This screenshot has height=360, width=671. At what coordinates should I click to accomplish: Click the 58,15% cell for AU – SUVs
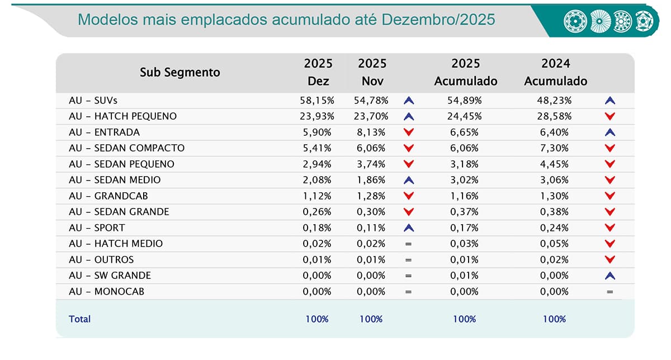pos(318,101)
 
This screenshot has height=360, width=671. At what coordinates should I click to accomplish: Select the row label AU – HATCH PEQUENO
pos(122,116)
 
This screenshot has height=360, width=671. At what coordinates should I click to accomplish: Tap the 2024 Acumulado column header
pos(555,72)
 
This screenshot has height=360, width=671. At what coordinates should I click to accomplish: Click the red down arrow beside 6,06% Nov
pos(409,148)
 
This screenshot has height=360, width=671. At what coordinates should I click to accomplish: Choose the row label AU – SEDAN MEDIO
pos(115,180)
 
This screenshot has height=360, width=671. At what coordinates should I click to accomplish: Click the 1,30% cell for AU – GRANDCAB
pos(555,196)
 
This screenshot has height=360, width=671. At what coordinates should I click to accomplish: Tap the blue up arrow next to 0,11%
pos(409,228)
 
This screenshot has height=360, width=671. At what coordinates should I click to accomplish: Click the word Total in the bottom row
pos(79,319)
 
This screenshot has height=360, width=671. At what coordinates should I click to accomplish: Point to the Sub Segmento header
pos(179,72)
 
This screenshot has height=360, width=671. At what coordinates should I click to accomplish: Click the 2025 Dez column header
pos(318,72)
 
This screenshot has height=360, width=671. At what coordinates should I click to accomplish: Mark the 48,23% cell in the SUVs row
pos(555,101)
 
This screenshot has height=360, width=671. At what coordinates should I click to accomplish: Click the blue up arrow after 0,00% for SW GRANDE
pos(610,276)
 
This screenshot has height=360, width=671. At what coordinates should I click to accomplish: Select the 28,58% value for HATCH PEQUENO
pos(555,116)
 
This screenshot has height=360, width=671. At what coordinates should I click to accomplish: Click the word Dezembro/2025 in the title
pos(438,20)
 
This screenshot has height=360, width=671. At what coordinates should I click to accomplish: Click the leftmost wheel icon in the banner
pos(574,20)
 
